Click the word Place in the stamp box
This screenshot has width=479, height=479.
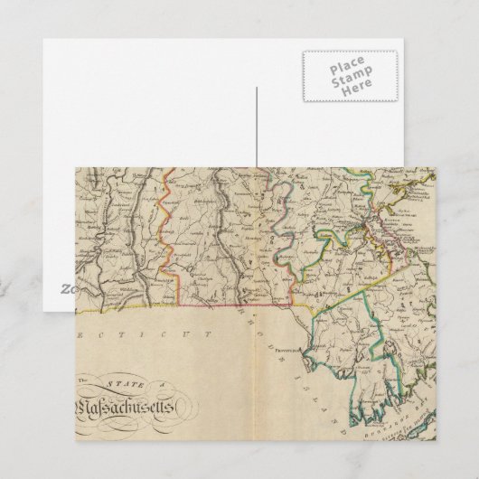coord(347,69)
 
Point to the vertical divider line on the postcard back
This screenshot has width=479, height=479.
coord(257,127)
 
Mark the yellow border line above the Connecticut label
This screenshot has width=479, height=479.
coord(181,305)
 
